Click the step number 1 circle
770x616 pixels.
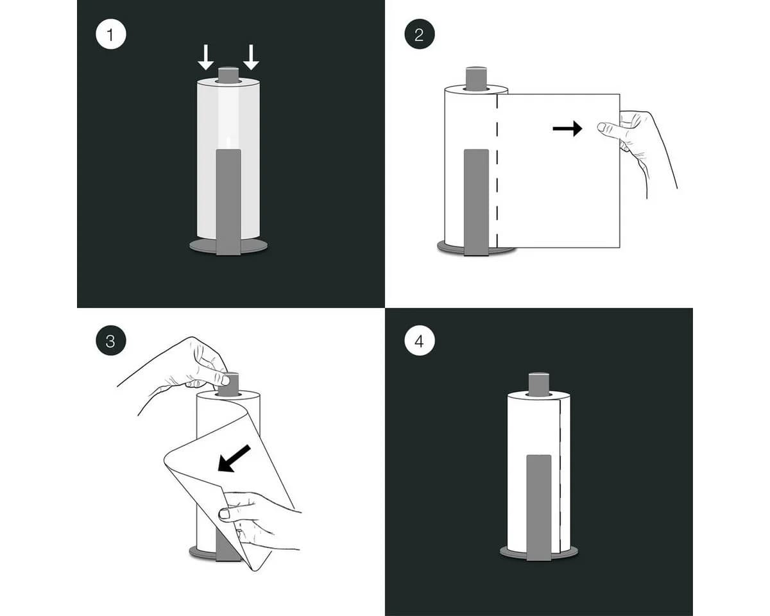111,35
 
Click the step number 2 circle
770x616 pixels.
420,35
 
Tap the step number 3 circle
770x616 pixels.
111,340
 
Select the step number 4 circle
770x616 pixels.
420,340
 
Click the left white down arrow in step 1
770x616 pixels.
206,57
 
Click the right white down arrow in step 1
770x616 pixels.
251,57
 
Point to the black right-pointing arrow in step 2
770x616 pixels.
567,128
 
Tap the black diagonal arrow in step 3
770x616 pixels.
234,459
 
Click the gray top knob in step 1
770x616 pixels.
228,75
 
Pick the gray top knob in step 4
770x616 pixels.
539,384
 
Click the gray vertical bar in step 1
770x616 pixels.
228,202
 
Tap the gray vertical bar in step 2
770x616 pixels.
476,202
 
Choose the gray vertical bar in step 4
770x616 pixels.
539,508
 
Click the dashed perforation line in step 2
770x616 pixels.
497,171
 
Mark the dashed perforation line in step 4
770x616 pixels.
560,476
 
